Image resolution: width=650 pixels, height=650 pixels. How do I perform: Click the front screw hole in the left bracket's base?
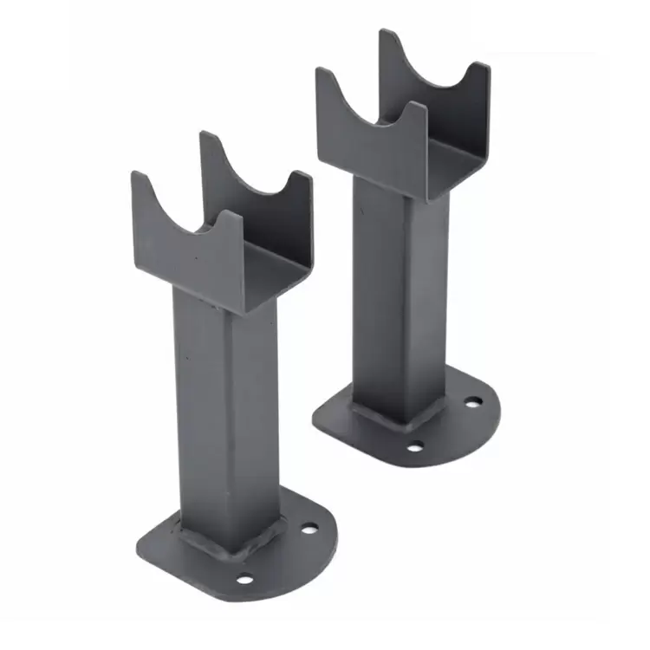pyautogui.click(x=245, y=579)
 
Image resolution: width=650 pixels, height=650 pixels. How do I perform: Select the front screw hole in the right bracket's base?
pyautogui.click(x=415, y=446)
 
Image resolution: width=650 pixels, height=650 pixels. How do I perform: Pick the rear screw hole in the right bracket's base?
pyautogui.click(x=472, y=403)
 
